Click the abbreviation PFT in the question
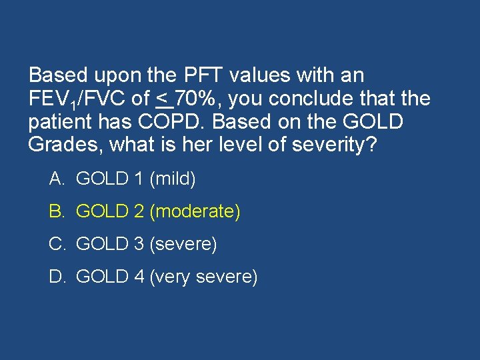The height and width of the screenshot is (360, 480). pos(193,75)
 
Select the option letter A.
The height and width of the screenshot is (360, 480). pos(56,179)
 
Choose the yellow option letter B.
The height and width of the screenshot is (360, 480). pos(56,212)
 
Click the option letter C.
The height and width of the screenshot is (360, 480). pos(56,245)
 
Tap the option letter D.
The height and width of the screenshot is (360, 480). pos(56,277)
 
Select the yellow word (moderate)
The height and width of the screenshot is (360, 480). pos(195,212)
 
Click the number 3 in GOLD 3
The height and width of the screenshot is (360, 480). pos(139,245)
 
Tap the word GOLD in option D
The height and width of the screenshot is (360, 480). pos(102,277)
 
